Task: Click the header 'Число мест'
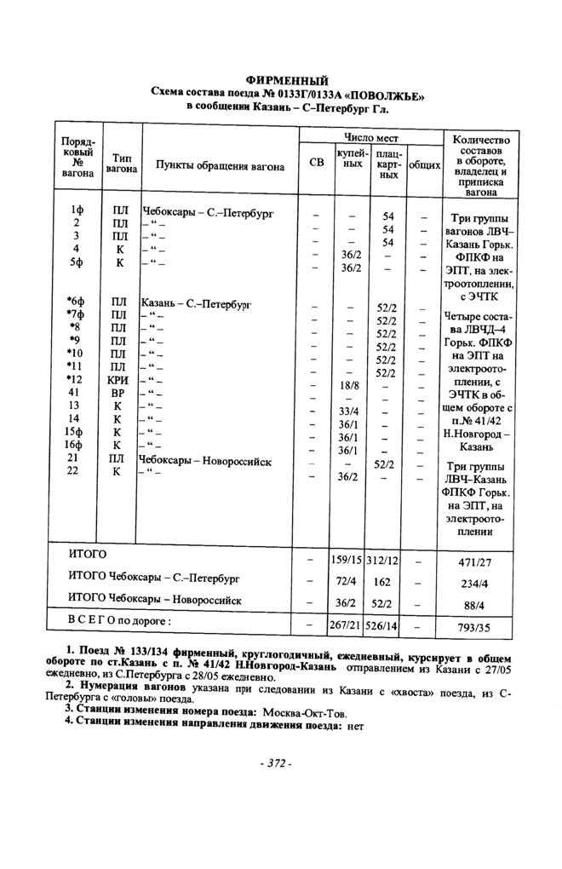[371, 137]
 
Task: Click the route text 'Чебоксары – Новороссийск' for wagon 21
[205, 461]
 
